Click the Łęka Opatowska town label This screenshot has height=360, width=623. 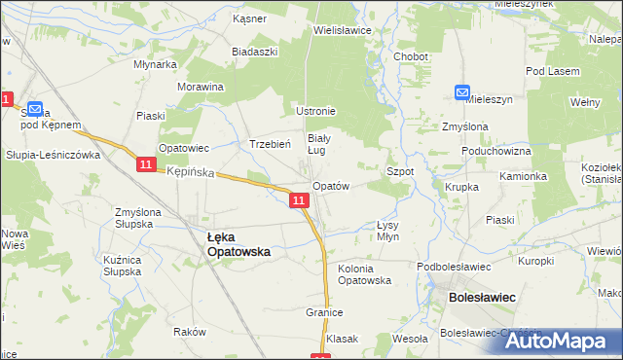[239, 243]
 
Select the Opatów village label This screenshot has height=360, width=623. [330, 185]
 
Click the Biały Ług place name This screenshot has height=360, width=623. [319, 144]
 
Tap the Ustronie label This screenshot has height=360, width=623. [316, 110]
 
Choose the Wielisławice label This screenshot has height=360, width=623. [343, 30]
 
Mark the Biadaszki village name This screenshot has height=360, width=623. [255, 52]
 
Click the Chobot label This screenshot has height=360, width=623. [411, 56]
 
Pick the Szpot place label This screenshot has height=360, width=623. [401, 170]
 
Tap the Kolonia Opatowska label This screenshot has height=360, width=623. [364, 273]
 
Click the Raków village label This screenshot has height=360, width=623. [190, 332]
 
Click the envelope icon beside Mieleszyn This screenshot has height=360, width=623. [462, 92]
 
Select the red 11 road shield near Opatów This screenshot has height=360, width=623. [300, 200]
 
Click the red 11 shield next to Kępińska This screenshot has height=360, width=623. [145, 165]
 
